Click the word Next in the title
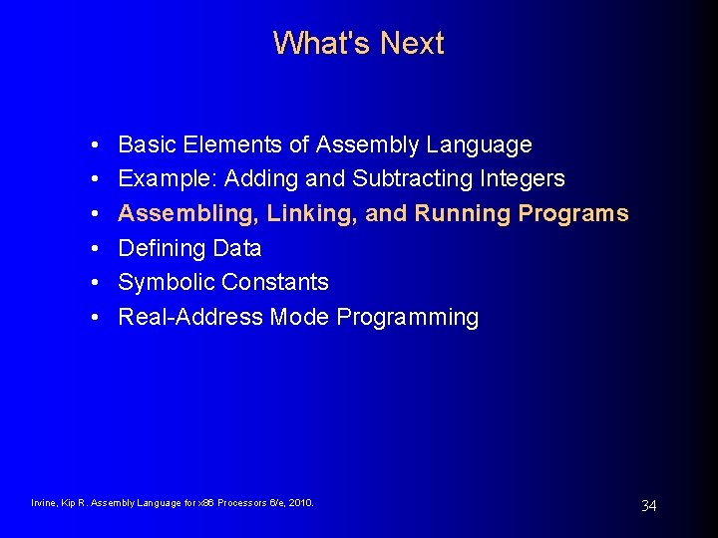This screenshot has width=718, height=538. [412, 43]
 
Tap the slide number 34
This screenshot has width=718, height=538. [648, 506]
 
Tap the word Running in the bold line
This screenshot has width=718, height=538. [462, 213]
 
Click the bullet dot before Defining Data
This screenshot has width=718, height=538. [92, 248]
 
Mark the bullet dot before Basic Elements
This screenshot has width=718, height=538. [92, 145]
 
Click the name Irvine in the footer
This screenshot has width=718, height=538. [44, 503]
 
